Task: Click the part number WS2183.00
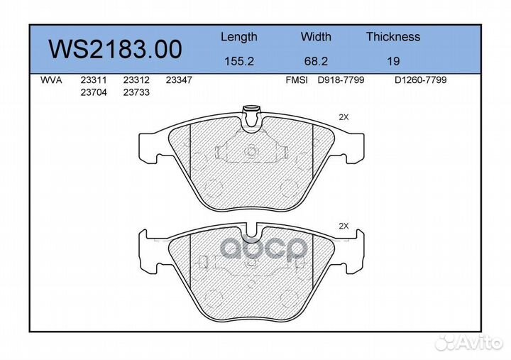[x=115, y=49]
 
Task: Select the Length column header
[x=239, y=37]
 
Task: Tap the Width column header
[x=316, y=36]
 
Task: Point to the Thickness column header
[x=393, y=36]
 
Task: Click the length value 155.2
[x=239, y=61]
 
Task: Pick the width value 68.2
[x=316, y=61]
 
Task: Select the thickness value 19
[x=393, y=61]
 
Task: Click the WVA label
[x=51, y=80]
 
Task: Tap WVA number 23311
[x=94, y=80]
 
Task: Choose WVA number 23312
[x=136, y=80]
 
